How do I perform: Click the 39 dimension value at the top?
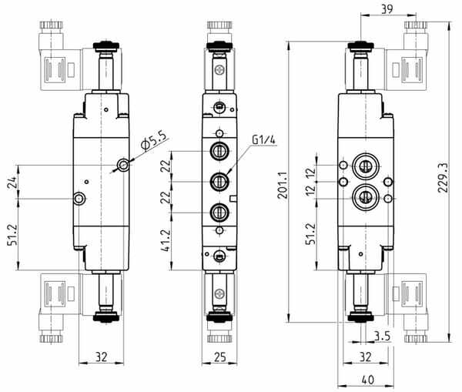387,9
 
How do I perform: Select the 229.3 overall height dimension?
443,177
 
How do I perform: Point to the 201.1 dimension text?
283,185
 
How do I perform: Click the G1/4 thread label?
263,139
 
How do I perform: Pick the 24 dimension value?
12,183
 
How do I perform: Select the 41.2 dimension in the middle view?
166,240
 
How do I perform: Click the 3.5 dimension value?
382,336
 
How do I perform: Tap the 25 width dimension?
219,357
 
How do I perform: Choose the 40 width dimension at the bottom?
367,380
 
